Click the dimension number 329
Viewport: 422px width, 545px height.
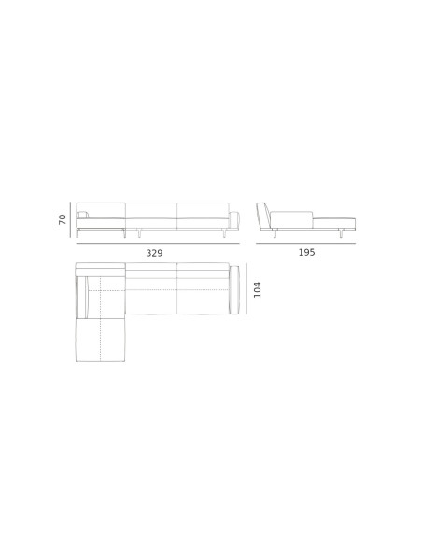154,253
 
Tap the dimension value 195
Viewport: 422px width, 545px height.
306,252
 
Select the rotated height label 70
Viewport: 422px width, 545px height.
63,219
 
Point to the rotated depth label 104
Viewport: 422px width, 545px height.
258,289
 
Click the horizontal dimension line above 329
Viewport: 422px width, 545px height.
158,244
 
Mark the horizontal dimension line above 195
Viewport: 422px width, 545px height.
305,243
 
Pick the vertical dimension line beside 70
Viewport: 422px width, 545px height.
71,219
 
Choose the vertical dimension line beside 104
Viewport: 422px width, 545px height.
246,288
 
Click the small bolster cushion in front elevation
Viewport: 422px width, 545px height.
82,215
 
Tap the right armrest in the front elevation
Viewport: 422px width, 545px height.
234,219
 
